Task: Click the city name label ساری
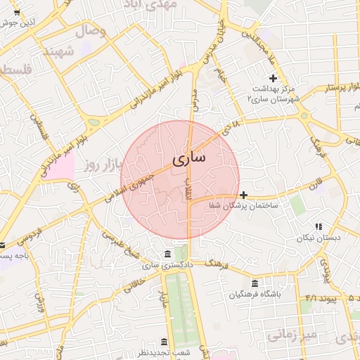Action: point(189,158)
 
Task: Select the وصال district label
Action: point(89,31)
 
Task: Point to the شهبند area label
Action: point(58,52)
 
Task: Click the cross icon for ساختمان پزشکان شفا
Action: point(243,195)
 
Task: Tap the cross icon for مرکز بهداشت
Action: point(274,77)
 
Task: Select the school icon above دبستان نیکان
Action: point(318,226)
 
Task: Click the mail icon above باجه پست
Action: point(2,245)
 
